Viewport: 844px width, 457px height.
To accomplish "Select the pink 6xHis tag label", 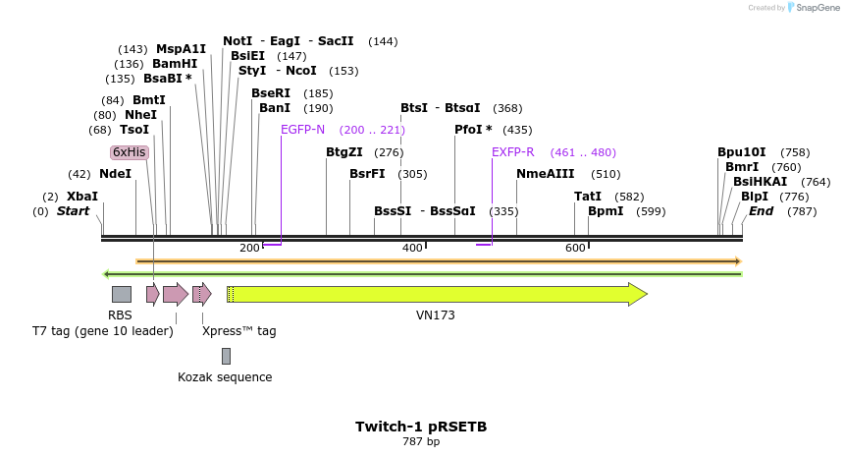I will [x=129, y=152].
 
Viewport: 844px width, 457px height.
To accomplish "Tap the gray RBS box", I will [x=121, y=294].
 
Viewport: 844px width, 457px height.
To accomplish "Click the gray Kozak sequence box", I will [x=226, y=356].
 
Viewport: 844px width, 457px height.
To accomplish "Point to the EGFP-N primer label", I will [x=302, y=130].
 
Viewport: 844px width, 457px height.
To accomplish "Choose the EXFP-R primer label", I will [x=512, y=152].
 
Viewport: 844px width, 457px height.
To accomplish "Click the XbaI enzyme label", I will [x=82, y=197].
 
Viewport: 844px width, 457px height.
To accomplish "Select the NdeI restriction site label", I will [x=115, y=174].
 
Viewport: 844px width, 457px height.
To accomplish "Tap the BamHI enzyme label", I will [x=175, y=64].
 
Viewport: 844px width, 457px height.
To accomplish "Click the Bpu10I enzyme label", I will [x=741, y=152].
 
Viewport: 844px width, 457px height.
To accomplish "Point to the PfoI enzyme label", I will [x=473, y=130].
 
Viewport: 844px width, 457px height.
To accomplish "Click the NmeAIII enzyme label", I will [x=545, y=174].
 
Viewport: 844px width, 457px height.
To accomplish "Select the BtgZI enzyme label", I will [x=344, y=152].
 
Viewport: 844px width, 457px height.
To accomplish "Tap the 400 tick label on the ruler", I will [x=412, y=249].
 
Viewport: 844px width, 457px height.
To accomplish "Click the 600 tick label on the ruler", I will [x=575, y=249].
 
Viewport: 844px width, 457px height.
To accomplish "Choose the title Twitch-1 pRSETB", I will [x=421, y=427].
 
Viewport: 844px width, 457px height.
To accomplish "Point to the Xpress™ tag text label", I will [x=238, y=331].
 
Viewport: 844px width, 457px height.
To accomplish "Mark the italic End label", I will [x=762, y=211].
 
